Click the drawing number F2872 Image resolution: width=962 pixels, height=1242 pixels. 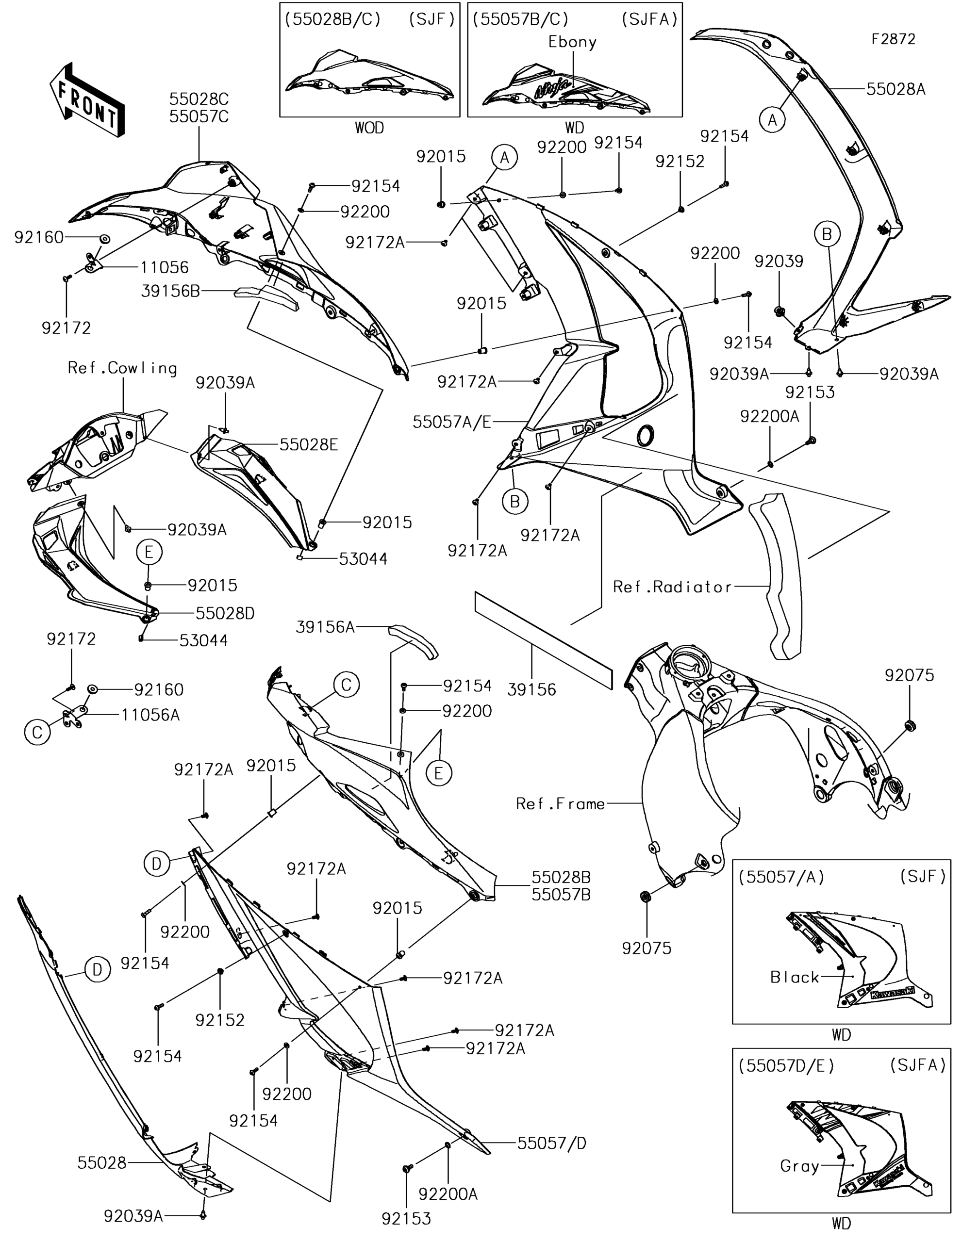pos(894,39)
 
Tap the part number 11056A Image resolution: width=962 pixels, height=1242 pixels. pos(150,715)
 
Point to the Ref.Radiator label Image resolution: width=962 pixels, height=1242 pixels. pos(672,587)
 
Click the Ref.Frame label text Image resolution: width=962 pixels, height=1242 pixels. pos(561,803)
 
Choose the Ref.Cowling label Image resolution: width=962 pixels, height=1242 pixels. pos(122,369)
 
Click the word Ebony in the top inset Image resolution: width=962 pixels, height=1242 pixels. pos(572,42)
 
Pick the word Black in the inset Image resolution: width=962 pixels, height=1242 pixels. pos(794,977)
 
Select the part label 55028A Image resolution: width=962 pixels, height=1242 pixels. pos(896,89)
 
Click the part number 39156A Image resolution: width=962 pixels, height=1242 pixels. pos(325,627)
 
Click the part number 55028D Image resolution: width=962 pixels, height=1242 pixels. pos(225,613)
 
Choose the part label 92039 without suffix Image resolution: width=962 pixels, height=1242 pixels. pos(779,261)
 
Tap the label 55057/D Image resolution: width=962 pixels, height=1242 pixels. pos(552,1143)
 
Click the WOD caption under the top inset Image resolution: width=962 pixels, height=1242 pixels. pos(369,128)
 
